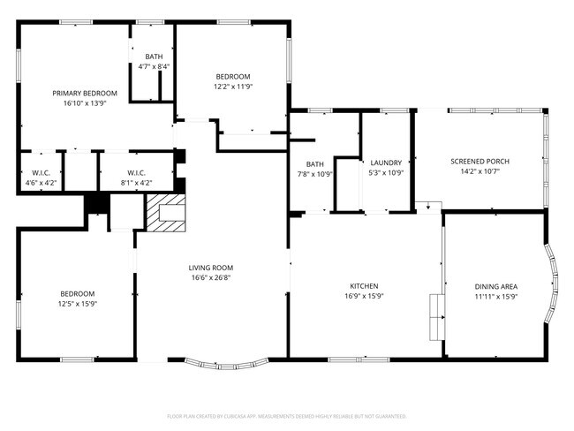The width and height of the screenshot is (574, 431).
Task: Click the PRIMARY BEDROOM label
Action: coord(85,93)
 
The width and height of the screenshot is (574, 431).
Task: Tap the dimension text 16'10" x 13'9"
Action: coord(85,103)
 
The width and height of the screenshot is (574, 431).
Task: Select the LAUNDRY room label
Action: coord(386,163)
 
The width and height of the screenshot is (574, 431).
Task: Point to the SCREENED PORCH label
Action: coord(480,161)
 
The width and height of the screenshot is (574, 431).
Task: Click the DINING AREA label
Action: coord(496,286)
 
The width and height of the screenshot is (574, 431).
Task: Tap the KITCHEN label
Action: coord(364,286)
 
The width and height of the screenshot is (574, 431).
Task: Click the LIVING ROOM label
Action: coord(211,267)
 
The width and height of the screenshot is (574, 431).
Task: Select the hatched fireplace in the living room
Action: coord(166,214)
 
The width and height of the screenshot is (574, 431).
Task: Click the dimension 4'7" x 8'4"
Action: coord(154,66)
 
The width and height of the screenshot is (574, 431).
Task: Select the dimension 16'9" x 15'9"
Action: coord(364,297)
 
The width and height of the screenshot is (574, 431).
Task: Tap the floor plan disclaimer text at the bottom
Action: coord(286,415)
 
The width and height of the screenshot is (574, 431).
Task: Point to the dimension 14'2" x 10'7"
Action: coord(480,171)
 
